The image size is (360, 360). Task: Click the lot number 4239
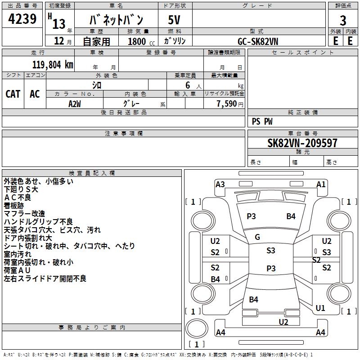click(x=22, y=19)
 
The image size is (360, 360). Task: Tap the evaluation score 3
click(x=343, y=21)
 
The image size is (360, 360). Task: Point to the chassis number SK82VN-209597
click(x=302, y=144)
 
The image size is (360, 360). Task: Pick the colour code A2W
click(x=75, y=103)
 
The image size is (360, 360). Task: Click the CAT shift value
click(x=13, y=94)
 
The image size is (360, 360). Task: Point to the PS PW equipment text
click(x=262, y=121)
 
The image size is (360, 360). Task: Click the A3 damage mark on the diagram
click(x=220, y=184)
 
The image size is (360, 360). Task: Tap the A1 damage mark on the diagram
click(x=321, y=184)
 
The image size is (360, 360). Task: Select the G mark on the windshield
click(x=257, y=237)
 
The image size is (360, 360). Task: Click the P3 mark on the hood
click(x=251, y=216)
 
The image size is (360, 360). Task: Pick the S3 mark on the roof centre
click(x=270, y=251)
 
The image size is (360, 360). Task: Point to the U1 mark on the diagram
click(x=320, y=308)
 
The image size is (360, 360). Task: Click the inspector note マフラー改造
click(x=24, y=213)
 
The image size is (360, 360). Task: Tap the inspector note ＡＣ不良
click(x=18, y=197)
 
